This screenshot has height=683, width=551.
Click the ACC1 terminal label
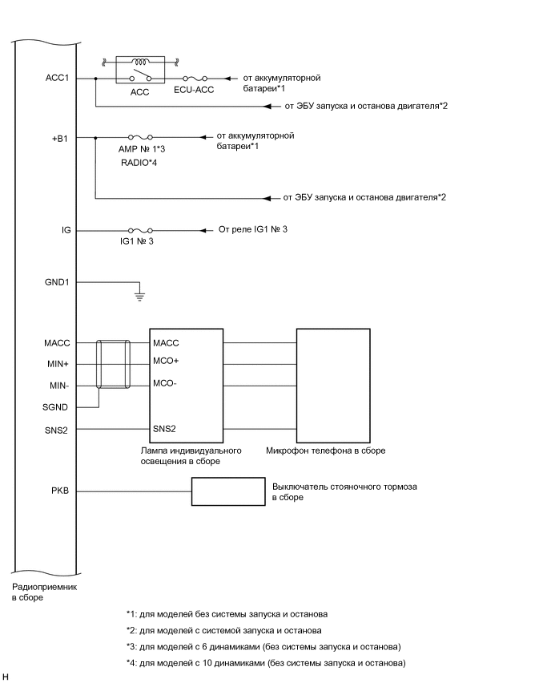coord(58,78)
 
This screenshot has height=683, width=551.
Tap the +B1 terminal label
coord(60,137)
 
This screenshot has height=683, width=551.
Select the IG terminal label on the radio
coord(66,230)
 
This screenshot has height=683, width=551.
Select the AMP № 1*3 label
coord(141,149)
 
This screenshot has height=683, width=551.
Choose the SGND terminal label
coord(58,408)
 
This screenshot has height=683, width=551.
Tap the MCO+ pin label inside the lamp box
coord(166,360)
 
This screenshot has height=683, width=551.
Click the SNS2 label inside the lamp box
coord(164,430)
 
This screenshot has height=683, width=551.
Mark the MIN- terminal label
coord(59,385)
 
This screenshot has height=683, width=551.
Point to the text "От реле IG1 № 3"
coord(252,230)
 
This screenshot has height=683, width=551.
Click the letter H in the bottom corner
coord(6,677)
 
